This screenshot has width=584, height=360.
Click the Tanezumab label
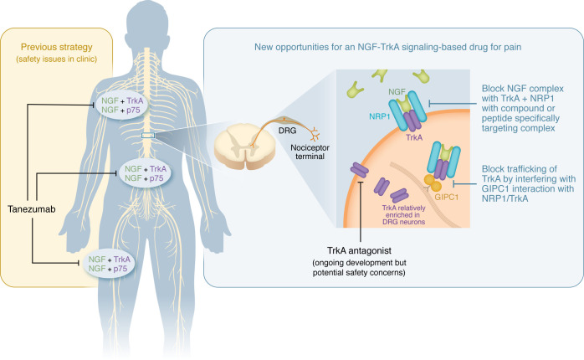[x=31, y=209]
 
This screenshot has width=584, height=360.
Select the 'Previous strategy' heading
[x=57, y=48]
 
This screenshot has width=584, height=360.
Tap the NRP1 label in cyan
[x=380, y=116]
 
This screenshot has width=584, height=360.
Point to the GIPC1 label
[x=447, y=197]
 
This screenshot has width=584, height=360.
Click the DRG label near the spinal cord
[x=287, y=131]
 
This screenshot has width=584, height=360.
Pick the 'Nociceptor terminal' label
[x=310, y=152]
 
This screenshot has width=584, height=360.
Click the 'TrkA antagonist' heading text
[x=360, y=250]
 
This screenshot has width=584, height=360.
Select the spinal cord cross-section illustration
[x=244, y=146]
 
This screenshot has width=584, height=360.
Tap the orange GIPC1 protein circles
[x=433, y=183]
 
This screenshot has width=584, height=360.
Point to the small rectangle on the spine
[x=148, y=136]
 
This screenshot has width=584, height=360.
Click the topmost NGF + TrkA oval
[x=122, y=105]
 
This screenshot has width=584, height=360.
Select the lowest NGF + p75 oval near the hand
[x=109, y=264]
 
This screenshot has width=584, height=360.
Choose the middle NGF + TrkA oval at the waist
[x=145, y=173]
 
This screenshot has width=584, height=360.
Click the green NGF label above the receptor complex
[x=397, y=92]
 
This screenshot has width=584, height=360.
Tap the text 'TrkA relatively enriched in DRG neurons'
[x=404, y=215]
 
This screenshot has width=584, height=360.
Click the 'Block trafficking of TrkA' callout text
[x=528, y=183]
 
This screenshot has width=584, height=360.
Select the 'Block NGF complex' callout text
[x=523, y=109]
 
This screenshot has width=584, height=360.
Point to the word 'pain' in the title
[x=513, y=48]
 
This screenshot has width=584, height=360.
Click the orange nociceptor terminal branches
[x=315, y=134]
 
